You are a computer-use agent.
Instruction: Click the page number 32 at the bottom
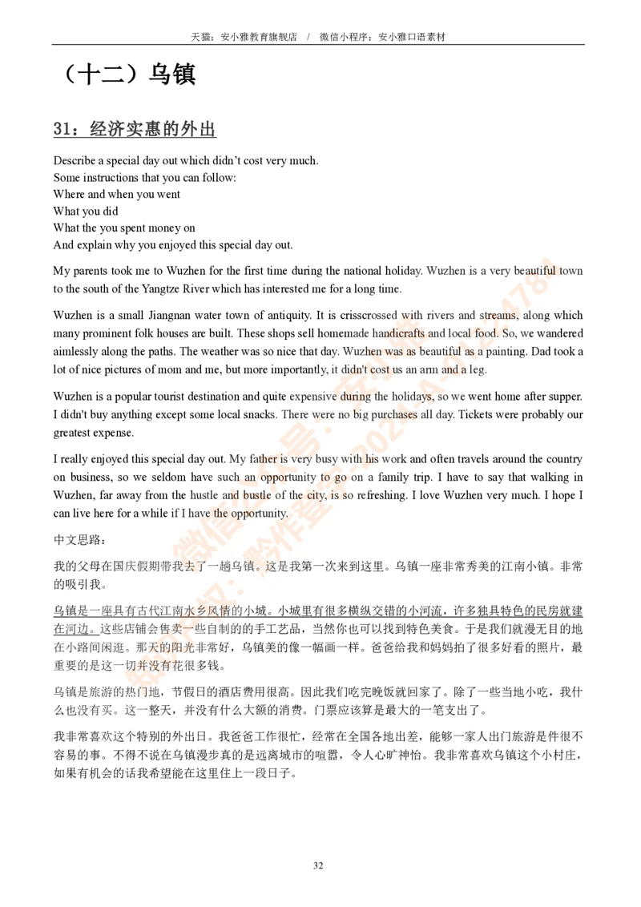[x=318, y=865]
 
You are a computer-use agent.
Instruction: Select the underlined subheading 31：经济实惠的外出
[x=135, y=128]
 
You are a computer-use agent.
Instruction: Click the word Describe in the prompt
[x=75, y=160]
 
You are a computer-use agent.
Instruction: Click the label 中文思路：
[x=80, y=540]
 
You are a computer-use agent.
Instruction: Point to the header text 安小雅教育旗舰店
[x=259, y=37]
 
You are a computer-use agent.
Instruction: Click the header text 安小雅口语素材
[x=412, y=37]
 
